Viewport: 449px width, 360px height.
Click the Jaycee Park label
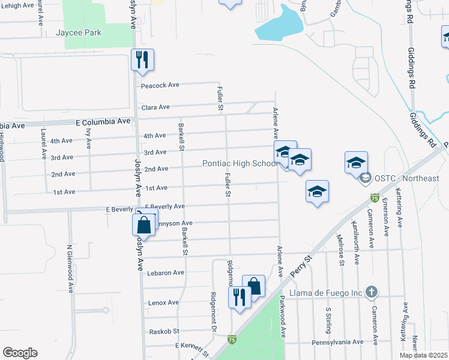click(79, 32)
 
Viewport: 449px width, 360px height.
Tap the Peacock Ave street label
click(160, 85)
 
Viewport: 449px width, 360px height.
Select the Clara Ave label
click(155, 107)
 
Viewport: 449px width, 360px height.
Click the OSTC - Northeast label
click(408, 178)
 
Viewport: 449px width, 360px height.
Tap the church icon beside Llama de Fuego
click(372, 292)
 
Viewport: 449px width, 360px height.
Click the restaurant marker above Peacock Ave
click(143, 59)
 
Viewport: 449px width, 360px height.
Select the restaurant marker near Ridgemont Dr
click(240, 296)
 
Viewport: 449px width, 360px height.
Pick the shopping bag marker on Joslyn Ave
click(144, 226)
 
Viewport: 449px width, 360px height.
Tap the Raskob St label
click(164, 331)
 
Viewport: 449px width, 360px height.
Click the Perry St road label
click(302, 264)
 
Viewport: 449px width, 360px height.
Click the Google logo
click(20, 353)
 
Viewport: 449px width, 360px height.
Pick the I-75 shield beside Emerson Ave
click(375, 197)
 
